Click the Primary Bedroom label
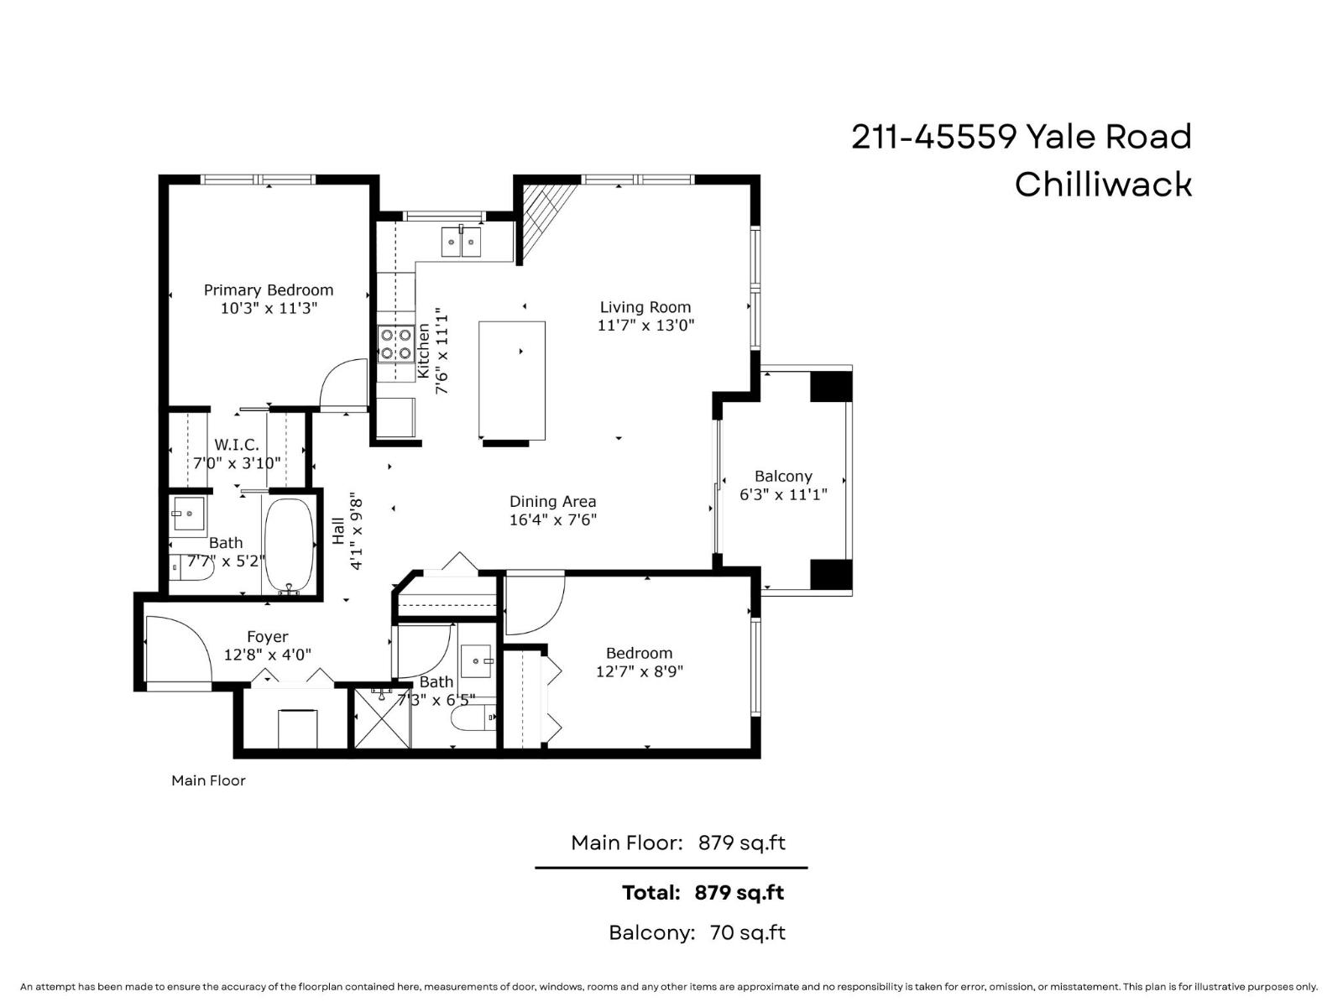point(269,290)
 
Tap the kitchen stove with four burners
point(395,343)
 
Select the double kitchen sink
point(462,243)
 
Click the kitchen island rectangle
point(512,379)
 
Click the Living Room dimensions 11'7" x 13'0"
point(645,326)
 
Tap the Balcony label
point(783,476)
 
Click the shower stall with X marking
point(382,718)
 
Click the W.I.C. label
point(237,445)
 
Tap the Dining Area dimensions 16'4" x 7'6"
point(552,519)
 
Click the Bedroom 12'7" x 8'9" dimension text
point(639,671)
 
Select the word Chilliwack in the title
point(1102,185)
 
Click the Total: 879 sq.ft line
point(703,892)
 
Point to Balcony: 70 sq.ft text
point(697,932)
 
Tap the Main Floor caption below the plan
point(208,780)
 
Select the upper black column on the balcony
point(830,386)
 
